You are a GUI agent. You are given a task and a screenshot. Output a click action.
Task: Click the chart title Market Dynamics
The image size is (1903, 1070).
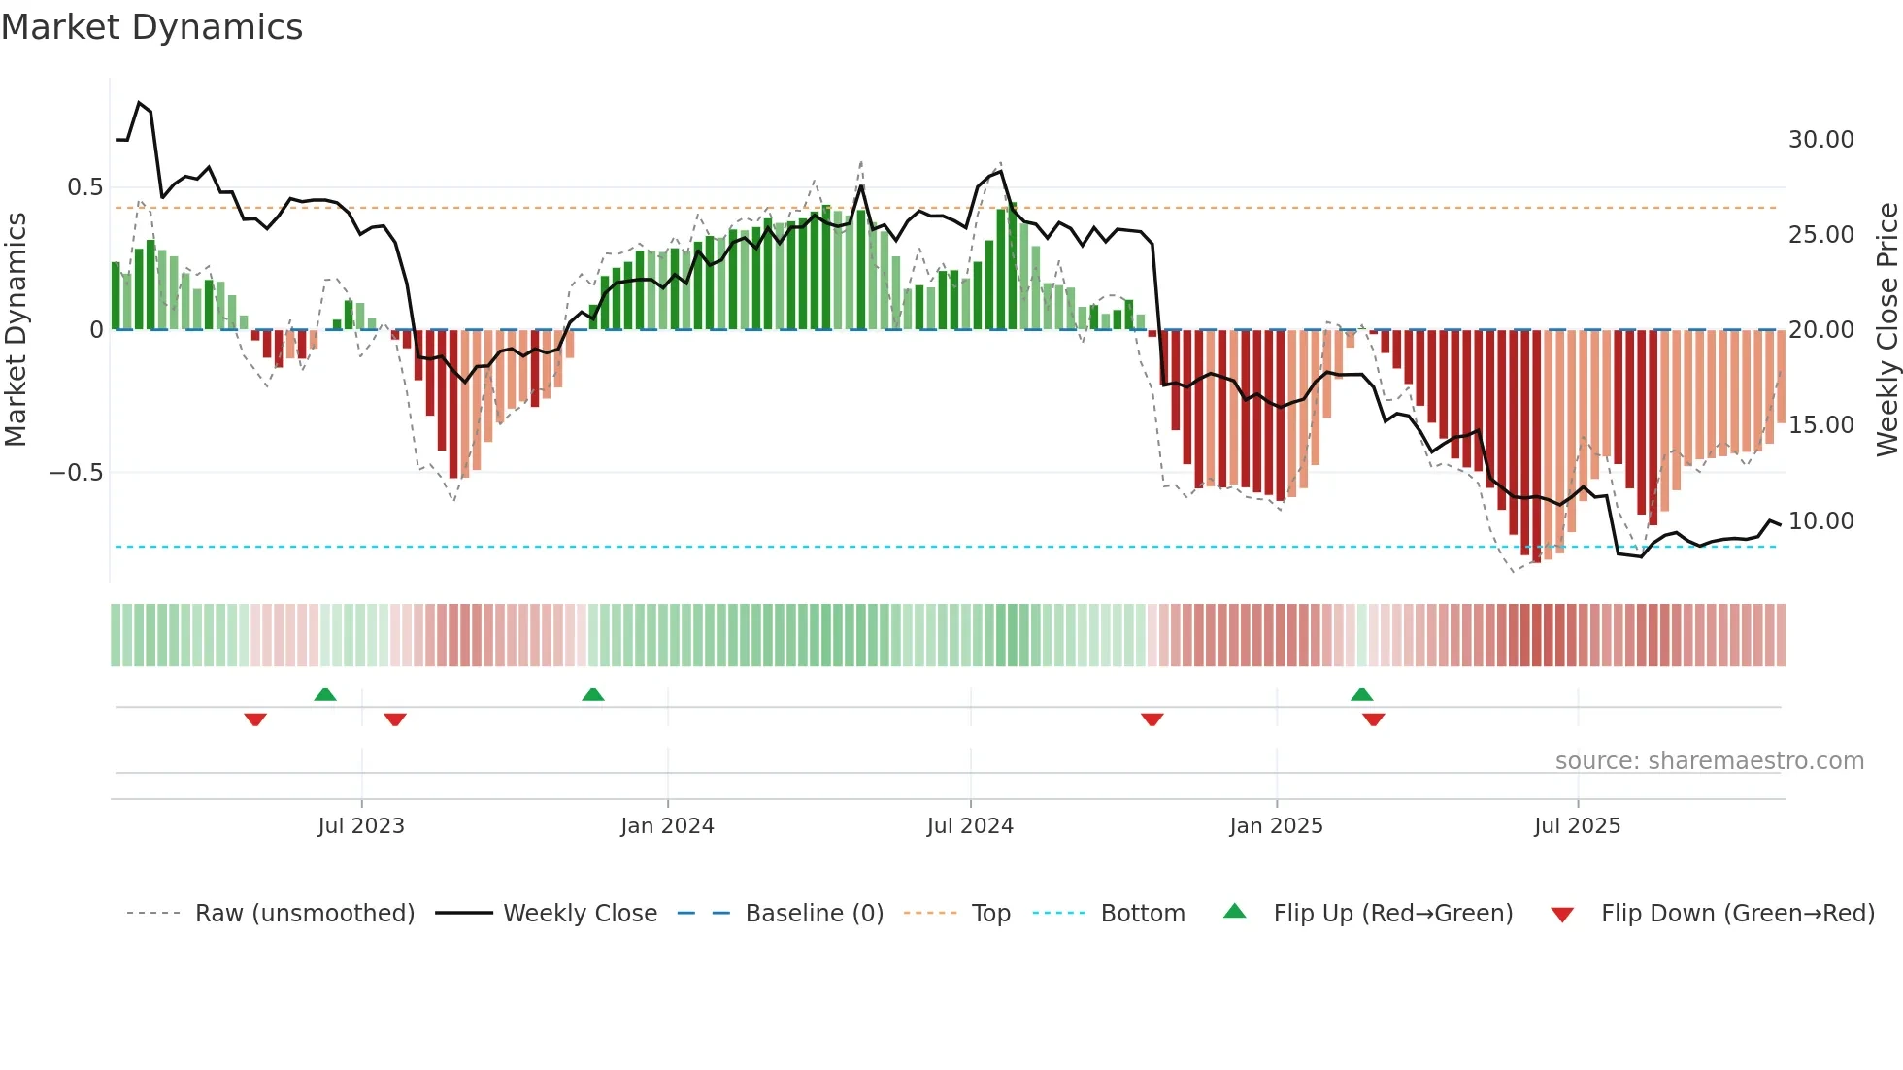pos(151,27)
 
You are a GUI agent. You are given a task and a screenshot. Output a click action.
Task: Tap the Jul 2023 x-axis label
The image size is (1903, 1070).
pos(360,826)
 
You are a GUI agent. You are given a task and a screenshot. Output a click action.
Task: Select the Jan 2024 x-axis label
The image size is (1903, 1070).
pos(667,826)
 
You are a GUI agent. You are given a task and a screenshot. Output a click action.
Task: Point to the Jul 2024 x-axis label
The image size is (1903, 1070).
pos(970,826)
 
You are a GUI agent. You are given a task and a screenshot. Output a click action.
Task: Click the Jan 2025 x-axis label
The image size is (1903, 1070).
pos(1276,826)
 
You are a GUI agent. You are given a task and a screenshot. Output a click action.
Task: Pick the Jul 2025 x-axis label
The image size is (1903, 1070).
pos(1577,826)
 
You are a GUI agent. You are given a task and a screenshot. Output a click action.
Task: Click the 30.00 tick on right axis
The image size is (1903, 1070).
pos(1820,140)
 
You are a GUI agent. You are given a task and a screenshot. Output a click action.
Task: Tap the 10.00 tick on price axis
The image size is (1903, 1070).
pos(1820,521)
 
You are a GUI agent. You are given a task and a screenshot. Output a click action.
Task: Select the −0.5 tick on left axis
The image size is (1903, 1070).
pos(76,473)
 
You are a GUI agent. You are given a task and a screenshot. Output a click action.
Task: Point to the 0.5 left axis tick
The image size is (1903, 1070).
pos(84,187)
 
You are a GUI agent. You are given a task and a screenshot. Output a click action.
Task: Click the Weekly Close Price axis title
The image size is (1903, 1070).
pos(1886,330)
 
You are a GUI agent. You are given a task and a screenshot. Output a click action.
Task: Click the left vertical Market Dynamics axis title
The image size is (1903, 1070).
pos(16,330)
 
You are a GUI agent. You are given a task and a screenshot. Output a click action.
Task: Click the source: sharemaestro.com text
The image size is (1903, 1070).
pos(1709,761)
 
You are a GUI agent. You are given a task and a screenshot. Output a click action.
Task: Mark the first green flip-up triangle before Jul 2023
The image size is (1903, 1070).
pos(325,695)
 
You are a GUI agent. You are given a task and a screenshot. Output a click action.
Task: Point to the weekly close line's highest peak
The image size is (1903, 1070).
pos(139,103)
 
